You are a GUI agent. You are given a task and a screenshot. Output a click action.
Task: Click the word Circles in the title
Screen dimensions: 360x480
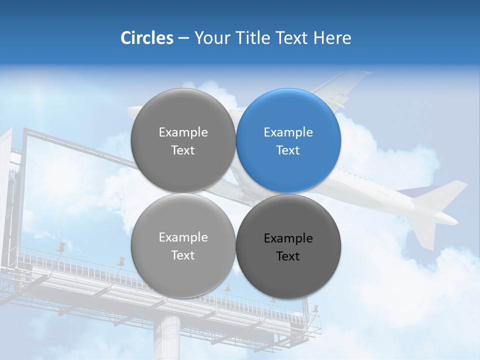point(146,38)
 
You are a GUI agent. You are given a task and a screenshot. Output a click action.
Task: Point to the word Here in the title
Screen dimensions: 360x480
point(332,38)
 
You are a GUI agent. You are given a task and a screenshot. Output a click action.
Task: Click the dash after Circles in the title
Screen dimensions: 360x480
point(183,38)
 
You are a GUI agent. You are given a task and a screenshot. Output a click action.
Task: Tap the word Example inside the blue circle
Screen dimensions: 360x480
point(288,132)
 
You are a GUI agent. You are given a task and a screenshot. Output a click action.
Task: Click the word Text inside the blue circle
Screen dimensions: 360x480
point(288,150)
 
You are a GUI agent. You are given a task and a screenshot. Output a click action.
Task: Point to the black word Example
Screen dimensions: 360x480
point(288,238)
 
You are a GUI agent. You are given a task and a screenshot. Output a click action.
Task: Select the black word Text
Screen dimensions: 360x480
point(288,256)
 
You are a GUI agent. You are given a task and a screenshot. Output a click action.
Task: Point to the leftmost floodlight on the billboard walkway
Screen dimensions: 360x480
point(60,247)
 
